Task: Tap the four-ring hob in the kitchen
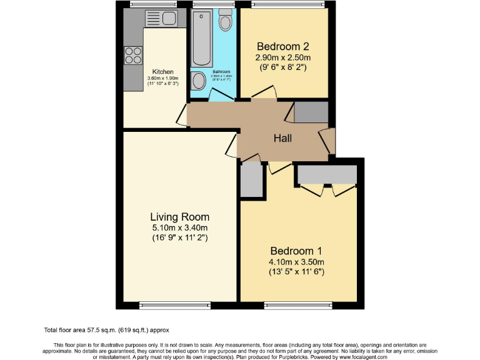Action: pos(133,56)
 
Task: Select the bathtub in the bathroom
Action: pos(202,39)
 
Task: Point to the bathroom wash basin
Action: pos(199,81)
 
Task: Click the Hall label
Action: pos(283,138)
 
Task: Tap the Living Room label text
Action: pos(179,217)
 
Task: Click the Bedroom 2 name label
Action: pos(283,46)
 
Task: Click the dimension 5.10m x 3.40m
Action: pos(179,227)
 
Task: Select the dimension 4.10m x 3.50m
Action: pos(297,262)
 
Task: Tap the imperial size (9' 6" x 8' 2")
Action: pos(283,67)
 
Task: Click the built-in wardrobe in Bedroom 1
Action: pos(327,174)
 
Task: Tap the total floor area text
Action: pos(106,330)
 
